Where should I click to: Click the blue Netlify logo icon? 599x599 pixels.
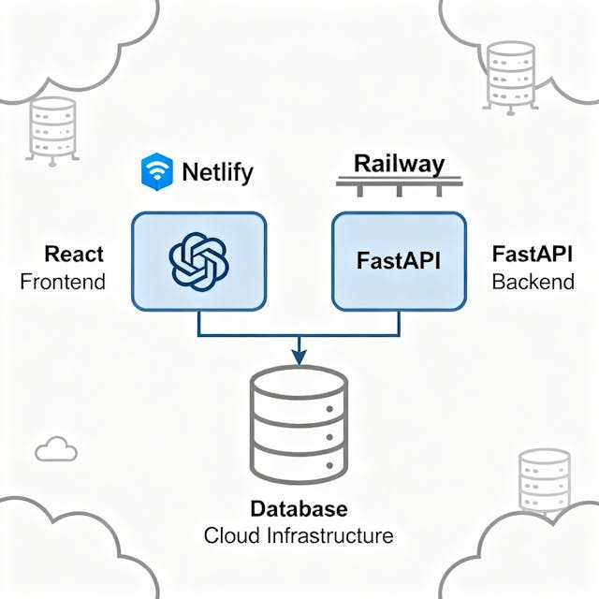(x=155, y=171)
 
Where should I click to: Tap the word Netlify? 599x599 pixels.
(x=217, y=172)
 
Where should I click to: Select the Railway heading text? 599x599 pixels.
(x=399, y=164)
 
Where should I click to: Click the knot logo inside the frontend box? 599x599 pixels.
(x=198, y=260)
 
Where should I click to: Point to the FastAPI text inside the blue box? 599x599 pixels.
(x=399, y=260)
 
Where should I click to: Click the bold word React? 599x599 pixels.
(x=74, y=254)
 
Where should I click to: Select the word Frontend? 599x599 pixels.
(x=63, y=281)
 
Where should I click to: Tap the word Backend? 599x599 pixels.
(x=533, y=281)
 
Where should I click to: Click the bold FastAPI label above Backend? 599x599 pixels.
(x=532, y=254)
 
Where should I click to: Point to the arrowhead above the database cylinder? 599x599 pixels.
(x=299, y=357)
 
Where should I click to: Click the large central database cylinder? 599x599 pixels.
(x=299, y=425)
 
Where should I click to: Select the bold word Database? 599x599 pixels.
(x=299, y=510)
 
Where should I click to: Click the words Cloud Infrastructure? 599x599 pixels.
(x=299, y=536)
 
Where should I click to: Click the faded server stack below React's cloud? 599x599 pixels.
(x=52, y=131)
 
